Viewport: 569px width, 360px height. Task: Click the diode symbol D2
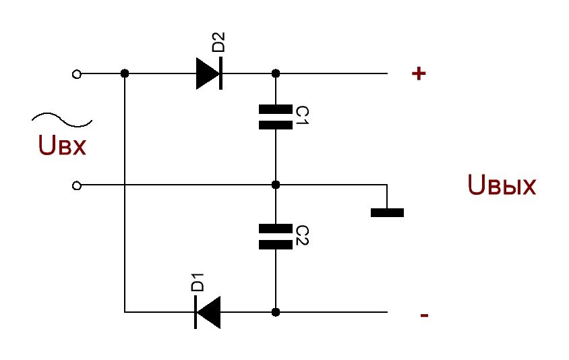tap(209, 73)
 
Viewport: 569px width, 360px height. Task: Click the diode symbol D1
tap(208, 312)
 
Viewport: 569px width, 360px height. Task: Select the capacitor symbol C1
tap(276, 117)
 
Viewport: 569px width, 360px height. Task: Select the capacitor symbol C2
tap(276, 237)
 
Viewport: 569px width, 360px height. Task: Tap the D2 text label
tap(218, 42)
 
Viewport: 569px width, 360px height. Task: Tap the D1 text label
tap(198, 282)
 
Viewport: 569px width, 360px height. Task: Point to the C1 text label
tap(302, 115)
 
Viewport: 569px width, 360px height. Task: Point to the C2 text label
tap(302, 235)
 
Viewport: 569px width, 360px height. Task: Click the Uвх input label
tap(62, 145)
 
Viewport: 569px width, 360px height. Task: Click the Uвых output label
tap(502, 185)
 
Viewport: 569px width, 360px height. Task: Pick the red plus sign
tap(419, 73)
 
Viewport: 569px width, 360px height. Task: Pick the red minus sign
tap(424, 315)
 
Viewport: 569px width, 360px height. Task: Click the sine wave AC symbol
tap(62, 119)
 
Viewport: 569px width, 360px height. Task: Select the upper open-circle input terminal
tap(77, 74)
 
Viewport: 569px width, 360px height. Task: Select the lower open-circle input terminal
tap(77, 186)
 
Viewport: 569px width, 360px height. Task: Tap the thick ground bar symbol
tap(387, 212)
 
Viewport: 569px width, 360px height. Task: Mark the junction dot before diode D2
tap(125, 73)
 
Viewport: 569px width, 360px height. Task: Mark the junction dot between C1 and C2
tap(276, 185)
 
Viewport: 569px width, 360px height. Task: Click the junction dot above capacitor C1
tap(276, 73)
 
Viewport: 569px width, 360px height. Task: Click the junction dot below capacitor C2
tap(276, 312)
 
